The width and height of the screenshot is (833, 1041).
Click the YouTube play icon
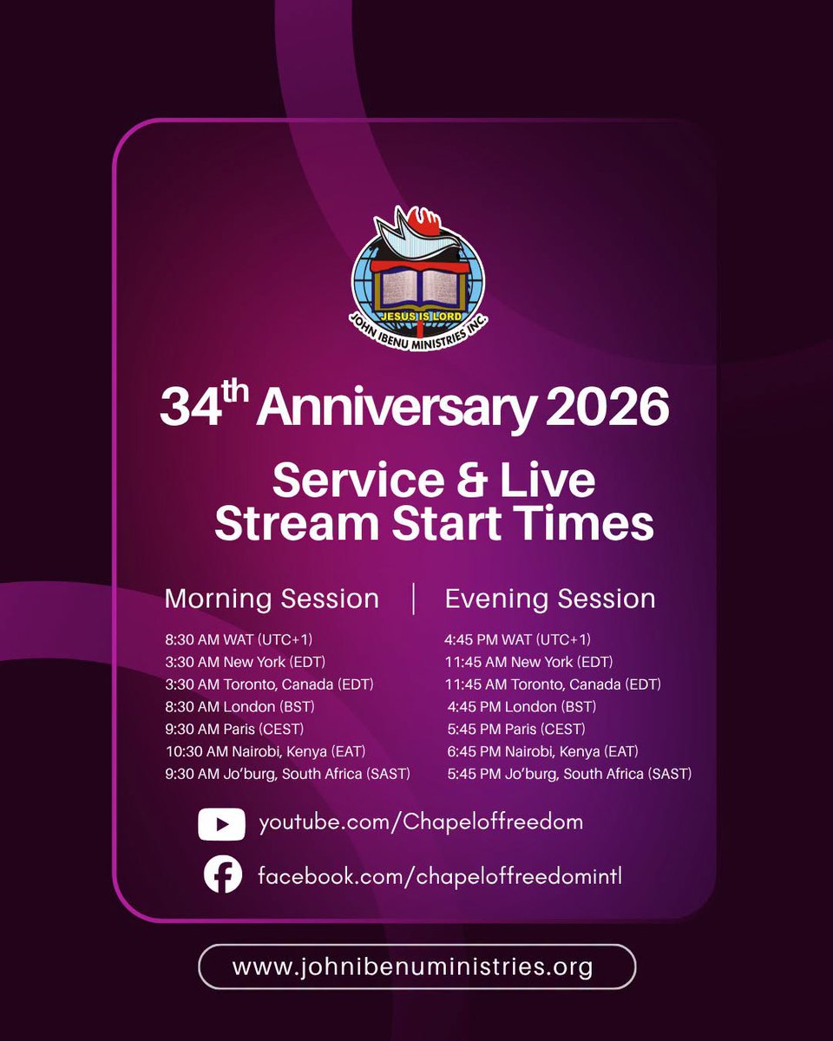click(x=221, y=824)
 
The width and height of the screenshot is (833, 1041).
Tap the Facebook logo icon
click(x=223, y=875)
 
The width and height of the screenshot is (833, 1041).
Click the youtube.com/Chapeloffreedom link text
click(x=421, y=823)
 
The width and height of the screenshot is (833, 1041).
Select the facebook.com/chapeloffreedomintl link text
click(x=439, y=876)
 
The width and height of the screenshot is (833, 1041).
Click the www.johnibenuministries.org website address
click(x=412, y=966)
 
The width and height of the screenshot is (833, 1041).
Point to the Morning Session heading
click(x=272, y=599)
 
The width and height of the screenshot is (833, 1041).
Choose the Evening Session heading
click(x=550, y=599)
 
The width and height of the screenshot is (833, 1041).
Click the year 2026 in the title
click(x=607, y=408)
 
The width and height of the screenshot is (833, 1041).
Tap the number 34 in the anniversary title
click(x=191, y=408)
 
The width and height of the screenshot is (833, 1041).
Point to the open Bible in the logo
click(x=420, y=287)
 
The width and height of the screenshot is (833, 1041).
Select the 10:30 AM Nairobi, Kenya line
click(x=266, y=752)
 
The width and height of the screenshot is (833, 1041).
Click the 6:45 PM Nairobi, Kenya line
click(x=542, y=752)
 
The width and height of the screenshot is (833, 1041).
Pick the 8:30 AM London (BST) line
click(x=239, y=707)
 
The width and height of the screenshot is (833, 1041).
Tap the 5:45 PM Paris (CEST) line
click(x=516, y=729)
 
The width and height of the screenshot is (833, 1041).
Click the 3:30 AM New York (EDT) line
click(x=245, y=662)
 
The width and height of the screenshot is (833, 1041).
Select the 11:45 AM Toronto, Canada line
click(x=553, y=684)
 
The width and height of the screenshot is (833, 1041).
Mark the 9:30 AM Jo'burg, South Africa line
click(x=287, y=774)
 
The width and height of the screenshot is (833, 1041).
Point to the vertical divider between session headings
click(x=413, y=599)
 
